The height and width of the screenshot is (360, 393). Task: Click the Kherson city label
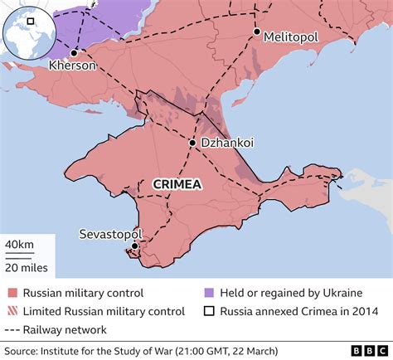click(73, 65)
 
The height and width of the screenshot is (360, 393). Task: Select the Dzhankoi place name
click(226, 144)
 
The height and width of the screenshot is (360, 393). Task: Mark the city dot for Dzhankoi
click(192, 144)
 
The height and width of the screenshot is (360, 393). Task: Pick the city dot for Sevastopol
click(134, 246)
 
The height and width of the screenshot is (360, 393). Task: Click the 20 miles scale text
click(27, 267)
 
